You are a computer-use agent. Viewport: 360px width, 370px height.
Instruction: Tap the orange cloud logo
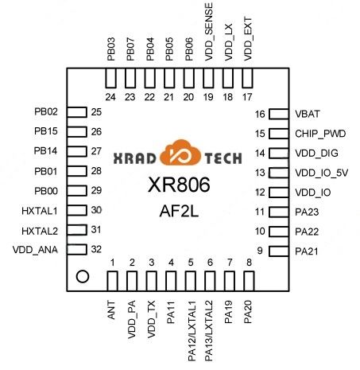coord(180,153)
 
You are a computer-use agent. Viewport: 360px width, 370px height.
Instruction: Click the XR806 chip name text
coord(179,185)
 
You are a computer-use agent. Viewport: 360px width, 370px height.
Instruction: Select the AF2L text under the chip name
coord(179,212)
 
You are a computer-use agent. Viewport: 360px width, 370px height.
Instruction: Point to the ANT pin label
coord(111,310)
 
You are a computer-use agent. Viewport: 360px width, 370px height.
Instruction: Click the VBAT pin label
coord(308,114)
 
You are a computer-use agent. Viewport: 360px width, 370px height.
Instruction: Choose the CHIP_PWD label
coord(320,134)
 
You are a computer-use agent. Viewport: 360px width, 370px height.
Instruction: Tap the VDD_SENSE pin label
coord(209,32)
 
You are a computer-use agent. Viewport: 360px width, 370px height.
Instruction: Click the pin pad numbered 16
coord(279,114)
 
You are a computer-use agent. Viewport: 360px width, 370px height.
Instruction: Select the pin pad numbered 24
coord(110,78)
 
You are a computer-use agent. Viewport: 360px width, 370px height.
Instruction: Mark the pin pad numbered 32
coord(77,250)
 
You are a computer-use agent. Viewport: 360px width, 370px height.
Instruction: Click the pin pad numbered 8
coord(249,281)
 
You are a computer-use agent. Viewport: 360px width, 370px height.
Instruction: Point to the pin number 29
coord(96,190)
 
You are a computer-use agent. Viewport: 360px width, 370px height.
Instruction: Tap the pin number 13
coord(260,173)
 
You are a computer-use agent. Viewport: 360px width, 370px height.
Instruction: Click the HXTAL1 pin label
coord(40,211)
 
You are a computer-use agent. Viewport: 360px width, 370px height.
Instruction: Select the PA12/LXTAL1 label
coord(192,331)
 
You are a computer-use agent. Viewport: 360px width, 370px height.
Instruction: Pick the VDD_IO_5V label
coord(321,173)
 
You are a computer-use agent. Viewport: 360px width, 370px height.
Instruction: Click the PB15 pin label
coord(46,131)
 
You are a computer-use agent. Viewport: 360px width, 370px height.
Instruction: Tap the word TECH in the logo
coord(223,158)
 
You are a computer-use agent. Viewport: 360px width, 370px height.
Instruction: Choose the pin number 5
coord(191,263)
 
